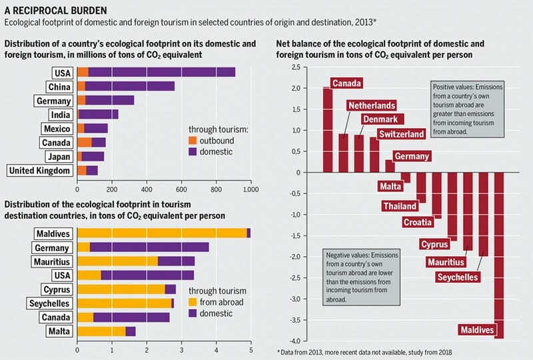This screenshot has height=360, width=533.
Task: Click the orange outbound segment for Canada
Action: pos(85,142)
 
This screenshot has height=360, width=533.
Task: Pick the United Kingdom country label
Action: pos(39,170)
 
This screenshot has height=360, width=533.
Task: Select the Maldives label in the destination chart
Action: pos(53,233)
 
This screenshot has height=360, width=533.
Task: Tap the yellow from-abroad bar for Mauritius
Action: pos(118,261)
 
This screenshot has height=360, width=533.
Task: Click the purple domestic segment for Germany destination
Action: pos(149,247)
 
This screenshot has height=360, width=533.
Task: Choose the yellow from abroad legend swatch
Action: pos(193,302)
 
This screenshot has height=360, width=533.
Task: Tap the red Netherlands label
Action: pos(371,105)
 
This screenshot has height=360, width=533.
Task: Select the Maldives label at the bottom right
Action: pos(478,329)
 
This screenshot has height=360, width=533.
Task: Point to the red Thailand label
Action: pos(400,206)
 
